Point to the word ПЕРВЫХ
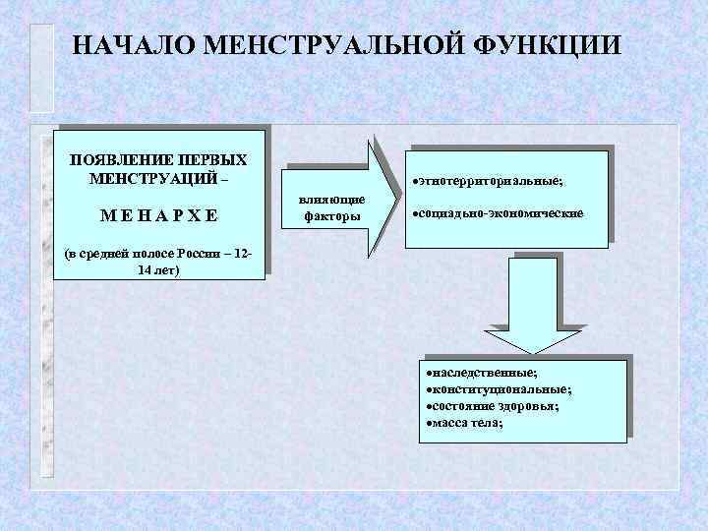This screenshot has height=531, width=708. tap(213, 159)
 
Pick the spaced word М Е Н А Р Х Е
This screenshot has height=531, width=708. tap(157, 214)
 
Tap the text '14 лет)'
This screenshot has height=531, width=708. tap(159, 269)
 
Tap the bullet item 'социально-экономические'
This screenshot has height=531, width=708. tap(502, 213)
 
